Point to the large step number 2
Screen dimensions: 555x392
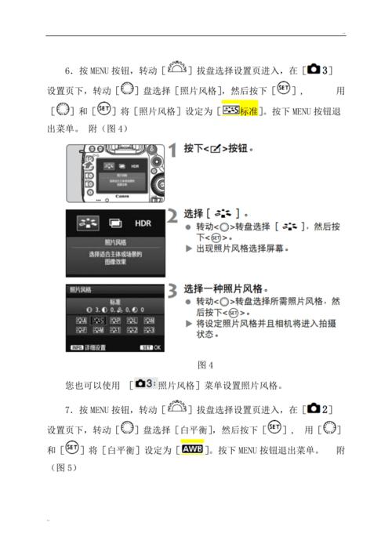[x=172, y=216]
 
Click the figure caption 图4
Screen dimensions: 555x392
[x=206, y=365]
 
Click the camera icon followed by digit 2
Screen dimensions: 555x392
[x=321, y=409]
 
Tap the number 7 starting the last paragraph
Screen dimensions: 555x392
[x=70, y=410]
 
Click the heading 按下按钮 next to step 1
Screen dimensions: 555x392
[x=219, y=148]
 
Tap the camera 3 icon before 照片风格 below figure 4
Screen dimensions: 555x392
[x=143, y=384]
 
